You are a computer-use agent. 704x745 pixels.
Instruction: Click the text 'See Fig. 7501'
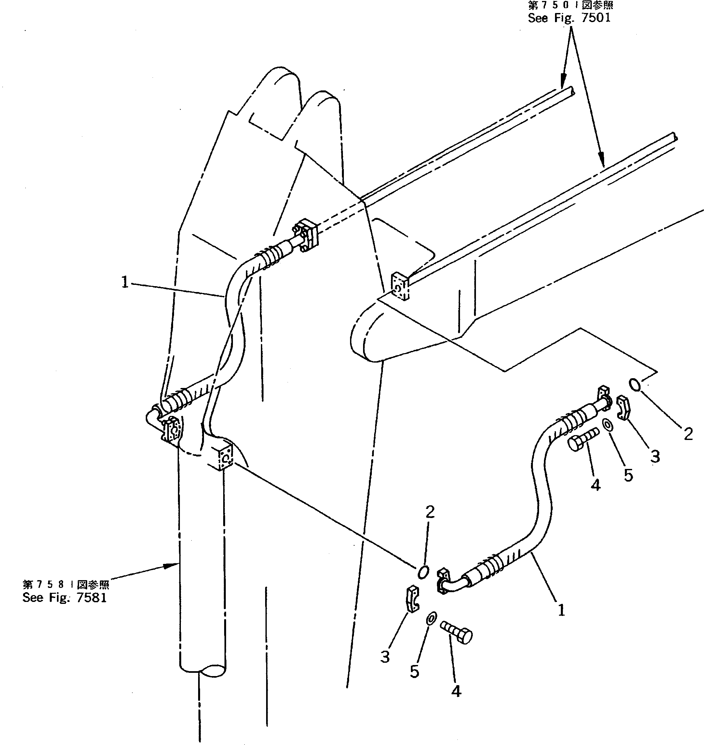click(x=569, y=18)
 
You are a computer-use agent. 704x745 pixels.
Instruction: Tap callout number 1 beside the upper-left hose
click(x=125, y=282)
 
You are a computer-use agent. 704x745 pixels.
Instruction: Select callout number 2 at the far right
click(x=688, y=434)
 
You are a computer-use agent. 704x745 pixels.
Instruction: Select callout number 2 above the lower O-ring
click(x=430, y=511)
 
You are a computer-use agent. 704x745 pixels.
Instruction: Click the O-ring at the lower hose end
click(x=423, y=572)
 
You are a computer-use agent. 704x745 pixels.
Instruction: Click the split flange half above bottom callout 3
click(x=413, y=599)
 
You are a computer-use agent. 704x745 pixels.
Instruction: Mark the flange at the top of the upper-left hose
click(x=306, y=236)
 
